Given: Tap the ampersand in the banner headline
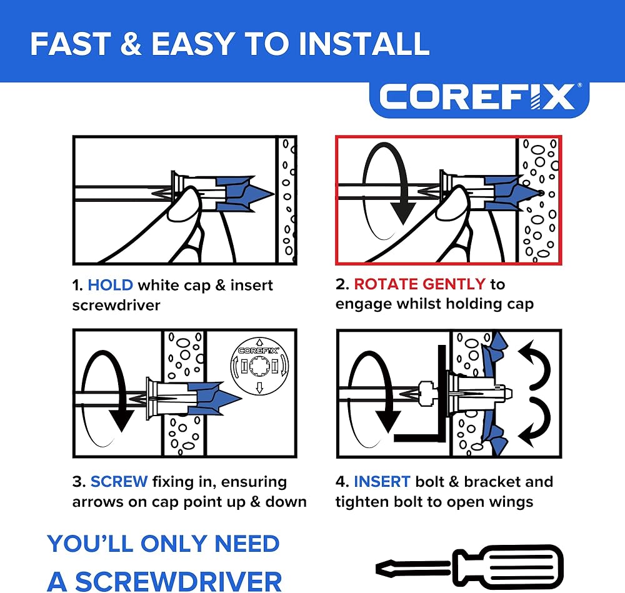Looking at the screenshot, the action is tap(131, 44).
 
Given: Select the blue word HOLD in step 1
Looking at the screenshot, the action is tap(110, 285).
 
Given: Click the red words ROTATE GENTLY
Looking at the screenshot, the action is tap(419, 284).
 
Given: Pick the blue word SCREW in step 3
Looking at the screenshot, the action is tap(119, 481).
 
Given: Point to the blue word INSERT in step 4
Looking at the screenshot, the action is tap(382, 481).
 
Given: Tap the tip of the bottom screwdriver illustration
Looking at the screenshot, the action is tap(379, 568).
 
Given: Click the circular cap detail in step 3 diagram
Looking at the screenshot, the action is tap(259, 366).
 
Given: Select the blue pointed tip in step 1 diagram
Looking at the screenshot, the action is tap(261, 194).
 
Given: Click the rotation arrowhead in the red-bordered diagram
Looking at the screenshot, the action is tap(402, 213).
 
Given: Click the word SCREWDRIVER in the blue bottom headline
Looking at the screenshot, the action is tap(178, 582).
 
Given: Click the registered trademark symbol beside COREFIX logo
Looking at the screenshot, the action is tap(579, 85).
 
